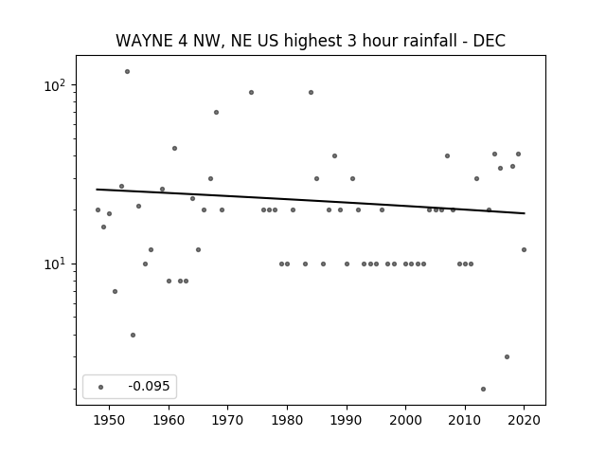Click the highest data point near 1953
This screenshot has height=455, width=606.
(x=127, y=72)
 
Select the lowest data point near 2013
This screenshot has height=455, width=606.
(x=483, y=390)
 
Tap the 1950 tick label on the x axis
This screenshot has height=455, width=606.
(x=110, y=420)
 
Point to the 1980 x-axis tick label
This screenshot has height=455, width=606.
(x=287, y=420)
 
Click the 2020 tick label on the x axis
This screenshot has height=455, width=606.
(x=524, y=420)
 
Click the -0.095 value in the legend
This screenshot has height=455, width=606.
(x=149, y=386)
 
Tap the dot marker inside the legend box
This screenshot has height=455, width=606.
(x=101, y=387)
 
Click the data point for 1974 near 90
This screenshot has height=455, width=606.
(x=251, y=93)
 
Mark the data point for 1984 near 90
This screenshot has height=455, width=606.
(x=311, y=93)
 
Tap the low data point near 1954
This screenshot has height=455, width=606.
(x=133, y=335)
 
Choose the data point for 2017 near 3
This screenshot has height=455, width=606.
(x=507, y=356)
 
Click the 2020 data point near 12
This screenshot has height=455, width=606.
(x=524, y=250)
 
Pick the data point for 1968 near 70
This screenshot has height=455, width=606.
(x=216, y=112)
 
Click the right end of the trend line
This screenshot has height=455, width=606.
(x=525, y=213)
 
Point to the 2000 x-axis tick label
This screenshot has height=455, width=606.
(x=406, y=420)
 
